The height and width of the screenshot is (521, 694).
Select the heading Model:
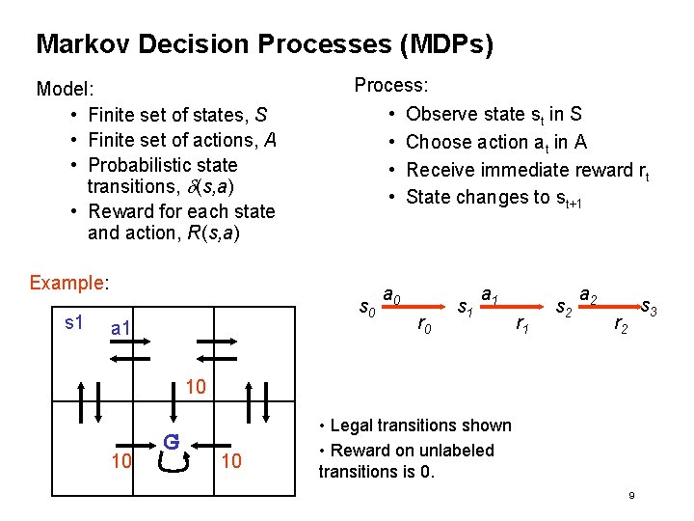64,90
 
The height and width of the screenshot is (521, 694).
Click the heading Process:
391,85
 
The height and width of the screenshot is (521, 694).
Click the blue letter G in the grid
171,443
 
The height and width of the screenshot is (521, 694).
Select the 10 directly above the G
195,388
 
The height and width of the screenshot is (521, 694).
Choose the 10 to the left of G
120,461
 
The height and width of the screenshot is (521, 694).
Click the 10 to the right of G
231,461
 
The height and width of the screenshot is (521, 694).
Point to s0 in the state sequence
367,310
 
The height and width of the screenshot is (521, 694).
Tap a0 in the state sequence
392,294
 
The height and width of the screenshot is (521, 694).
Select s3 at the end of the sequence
649,310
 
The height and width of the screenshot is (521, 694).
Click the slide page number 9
630,496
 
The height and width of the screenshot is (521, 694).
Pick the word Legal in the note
353,425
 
